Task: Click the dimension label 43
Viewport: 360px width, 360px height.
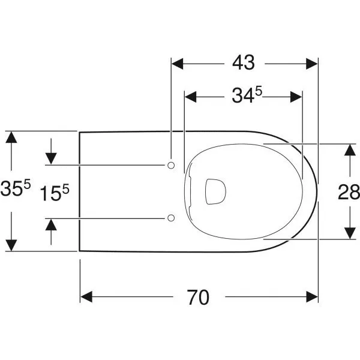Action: (244, 62)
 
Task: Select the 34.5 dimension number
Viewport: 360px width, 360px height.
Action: (247, 95)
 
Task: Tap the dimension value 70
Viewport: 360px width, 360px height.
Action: (198, 298)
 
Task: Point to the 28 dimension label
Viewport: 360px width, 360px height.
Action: (349, 192)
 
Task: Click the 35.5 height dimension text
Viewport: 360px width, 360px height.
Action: (16, 188)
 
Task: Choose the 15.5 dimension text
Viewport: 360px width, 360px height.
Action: (55, 193)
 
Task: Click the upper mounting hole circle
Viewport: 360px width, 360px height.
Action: (171, 165)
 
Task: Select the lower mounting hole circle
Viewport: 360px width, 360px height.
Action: (171, 218)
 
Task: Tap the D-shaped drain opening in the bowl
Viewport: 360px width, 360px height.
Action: (215, 191)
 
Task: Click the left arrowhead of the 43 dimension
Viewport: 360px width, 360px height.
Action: (178, 64)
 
